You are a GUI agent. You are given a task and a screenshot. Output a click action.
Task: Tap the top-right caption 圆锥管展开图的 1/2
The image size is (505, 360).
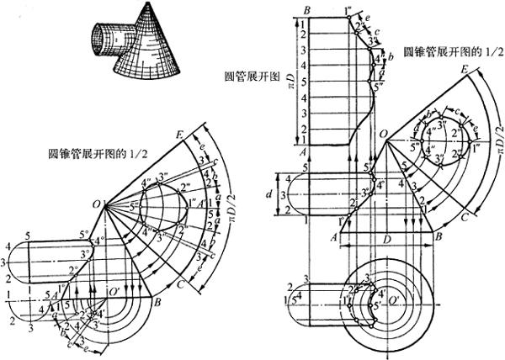(x=447, y=51)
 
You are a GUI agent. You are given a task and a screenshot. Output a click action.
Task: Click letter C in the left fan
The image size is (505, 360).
(x=184, y=283)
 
